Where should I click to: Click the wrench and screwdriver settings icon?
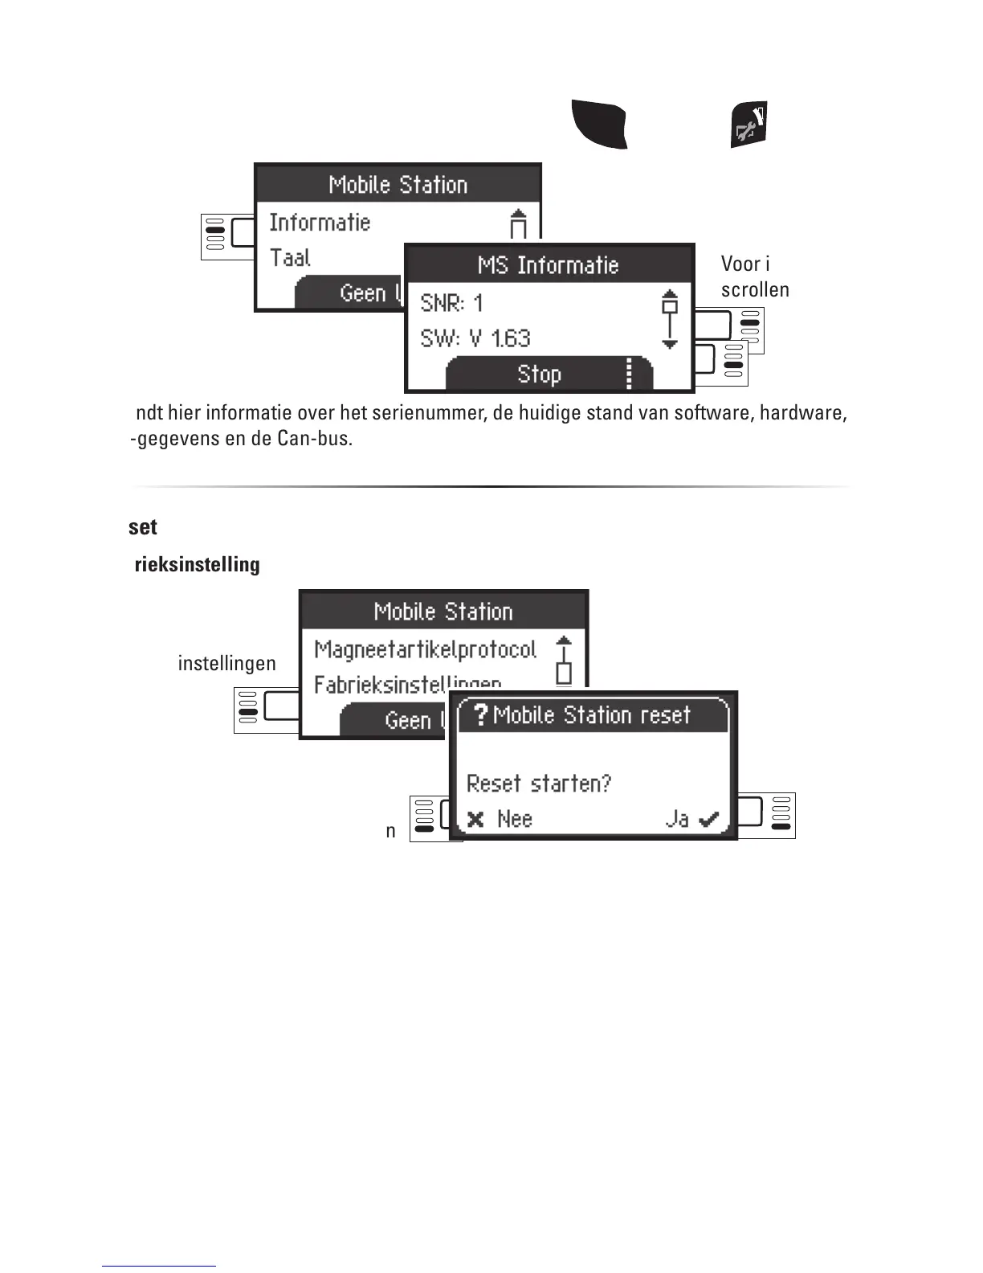click(748, 125)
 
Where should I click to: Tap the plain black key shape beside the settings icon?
click(599, 125)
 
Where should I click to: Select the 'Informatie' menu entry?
click(320, 223)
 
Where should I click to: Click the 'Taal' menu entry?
click(290, 258)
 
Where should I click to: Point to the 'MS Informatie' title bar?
click(549, 265)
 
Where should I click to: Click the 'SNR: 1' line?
click(451, 304)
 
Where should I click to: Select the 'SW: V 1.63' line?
click(475, 338)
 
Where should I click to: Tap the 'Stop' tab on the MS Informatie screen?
click(539, 375)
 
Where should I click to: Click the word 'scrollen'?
click(755, 290)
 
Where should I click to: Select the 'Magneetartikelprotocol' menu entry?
click(425, 649)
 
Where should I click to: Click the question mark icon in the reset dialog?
click(480, 714)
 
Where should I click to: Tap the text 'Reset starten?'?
click(539, 784)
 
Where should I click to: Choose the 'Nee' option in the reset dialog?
click(514, 819)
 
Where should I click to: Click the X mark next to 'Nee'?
click(475, 820)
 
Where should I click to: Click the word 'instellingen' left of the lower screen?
click(226, 664)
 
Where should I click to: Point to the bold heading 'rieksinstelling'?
click(197, 565)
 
